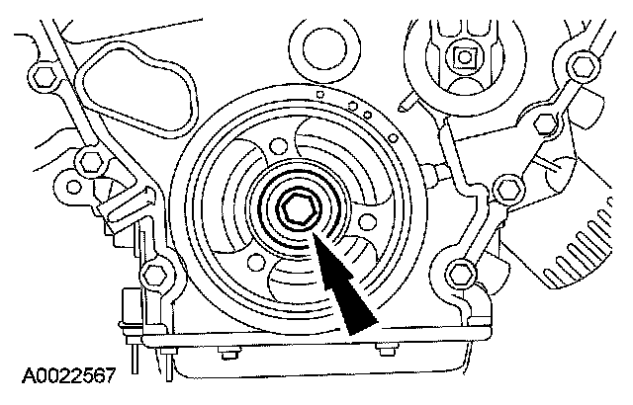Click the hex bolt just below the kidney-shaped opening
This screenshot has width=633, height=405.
point(89,161)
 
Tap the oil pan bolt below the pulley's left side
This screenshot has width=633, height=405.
point(228,347)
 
